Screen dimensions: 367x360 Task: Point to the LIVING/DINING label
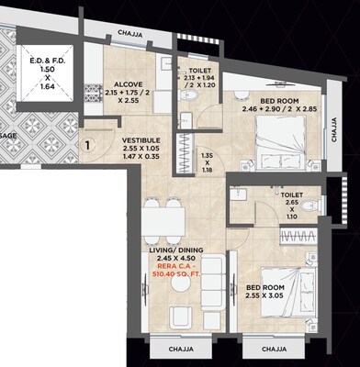[x=175, y=252]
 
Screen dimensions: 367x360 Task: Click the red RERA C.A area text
[x=175, y=272]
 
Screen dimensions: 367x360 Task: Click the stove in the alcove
[x=92, y=92]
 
